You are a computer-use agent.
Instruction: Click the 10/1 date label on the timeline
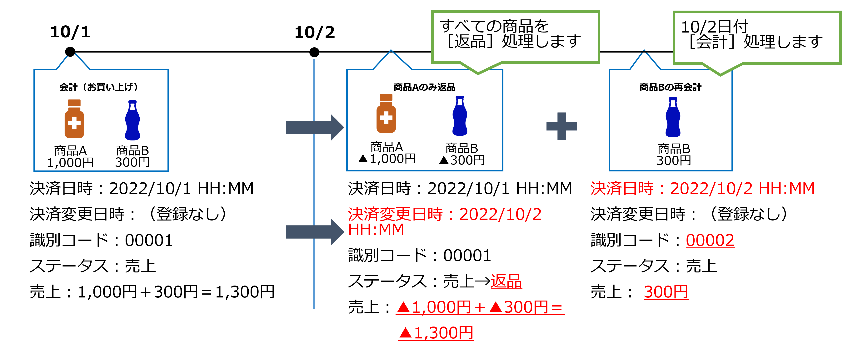pyautogui.click(x=70, y=32)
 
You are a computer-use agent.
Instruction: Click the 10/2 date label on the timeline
pyautogui.click(x=315, y=32)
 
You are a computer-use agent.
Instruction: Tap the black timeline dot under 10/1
pyautogui.click(x=70, y=52)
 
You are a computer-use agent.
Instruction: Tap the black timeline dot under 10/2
pyautogui.click(x=314, y=52)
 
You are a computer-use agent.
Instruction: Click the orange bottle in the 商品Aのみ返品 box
pyautogui.click(x=386, y=114)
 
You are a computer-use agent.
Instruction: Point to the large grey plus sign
pyautogui.click(x=562, y=126)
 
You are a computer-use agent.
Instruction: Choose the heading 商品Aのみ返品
pyautogui.click(x=424, y=87)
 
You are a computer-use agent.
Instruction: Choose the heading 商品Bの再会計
pyautogui.click(x=670, y=87)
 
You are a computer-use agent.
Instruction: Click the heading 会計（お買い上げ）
pyautogui.click(x=99, y=87)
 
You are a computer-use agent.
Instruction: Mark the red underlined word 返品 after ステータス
pyautogui.click(x=506, y=282)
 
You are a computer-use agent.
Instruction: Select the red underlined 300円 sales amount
pyautogui.click(x=666, y=292)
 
